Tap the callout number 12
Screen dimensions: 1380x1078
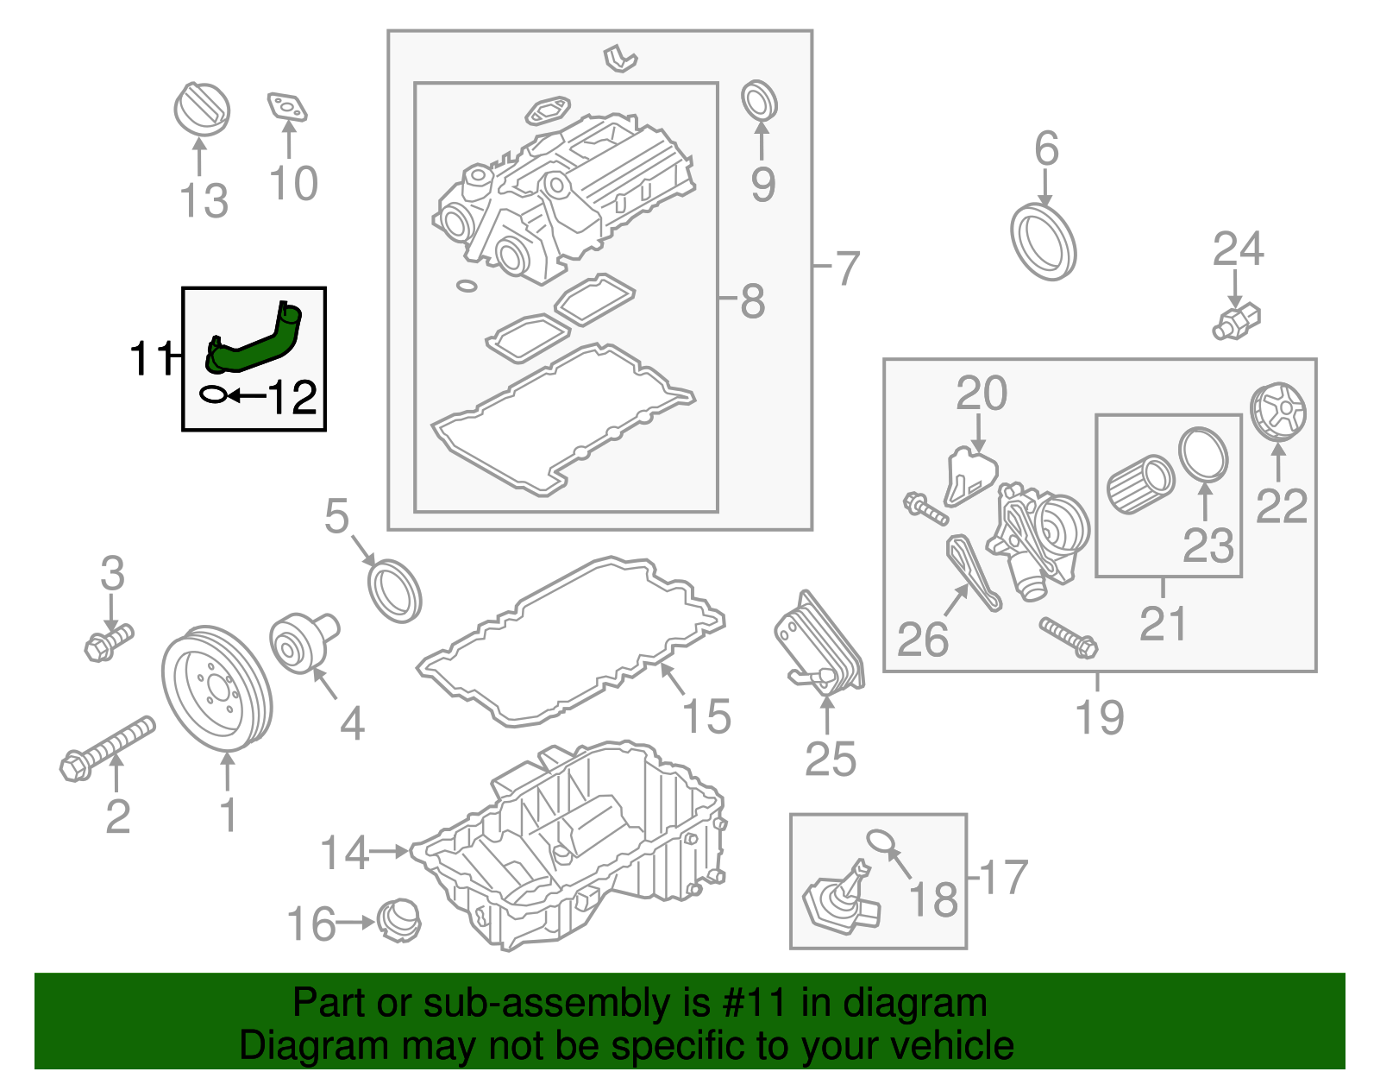coord(292,398)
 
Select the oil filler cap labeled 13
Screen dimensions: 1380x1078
coord(202,110)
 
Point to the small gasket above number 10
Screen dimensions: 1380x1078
coord(287,107)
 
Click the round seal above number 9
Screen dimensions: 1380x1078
coord(759,100)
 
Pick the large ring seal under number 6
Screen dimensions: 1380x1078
coord(1043,242)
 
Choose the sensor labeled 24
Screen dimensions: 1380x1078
coord(1236,322)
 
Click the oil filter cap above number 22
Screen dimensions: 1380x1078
coord(1277,411)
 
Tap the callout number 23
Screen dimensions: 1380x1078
coord(1207,545)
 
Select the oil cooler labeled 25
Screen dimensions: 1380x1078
coord(819,642)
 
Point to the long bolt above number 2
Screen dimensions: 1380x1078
coord(107,749)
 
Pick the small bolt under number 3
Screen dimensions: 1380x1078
coord(109,642)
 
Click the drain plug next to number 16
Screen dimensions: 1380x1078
coord(399,920)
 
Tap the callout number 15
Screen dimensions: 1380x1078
coord(706,716)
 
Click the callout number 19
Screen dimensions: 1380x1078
coord(1100,716)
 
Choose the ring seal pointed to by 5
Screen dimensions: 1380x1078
coord(394,591)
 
